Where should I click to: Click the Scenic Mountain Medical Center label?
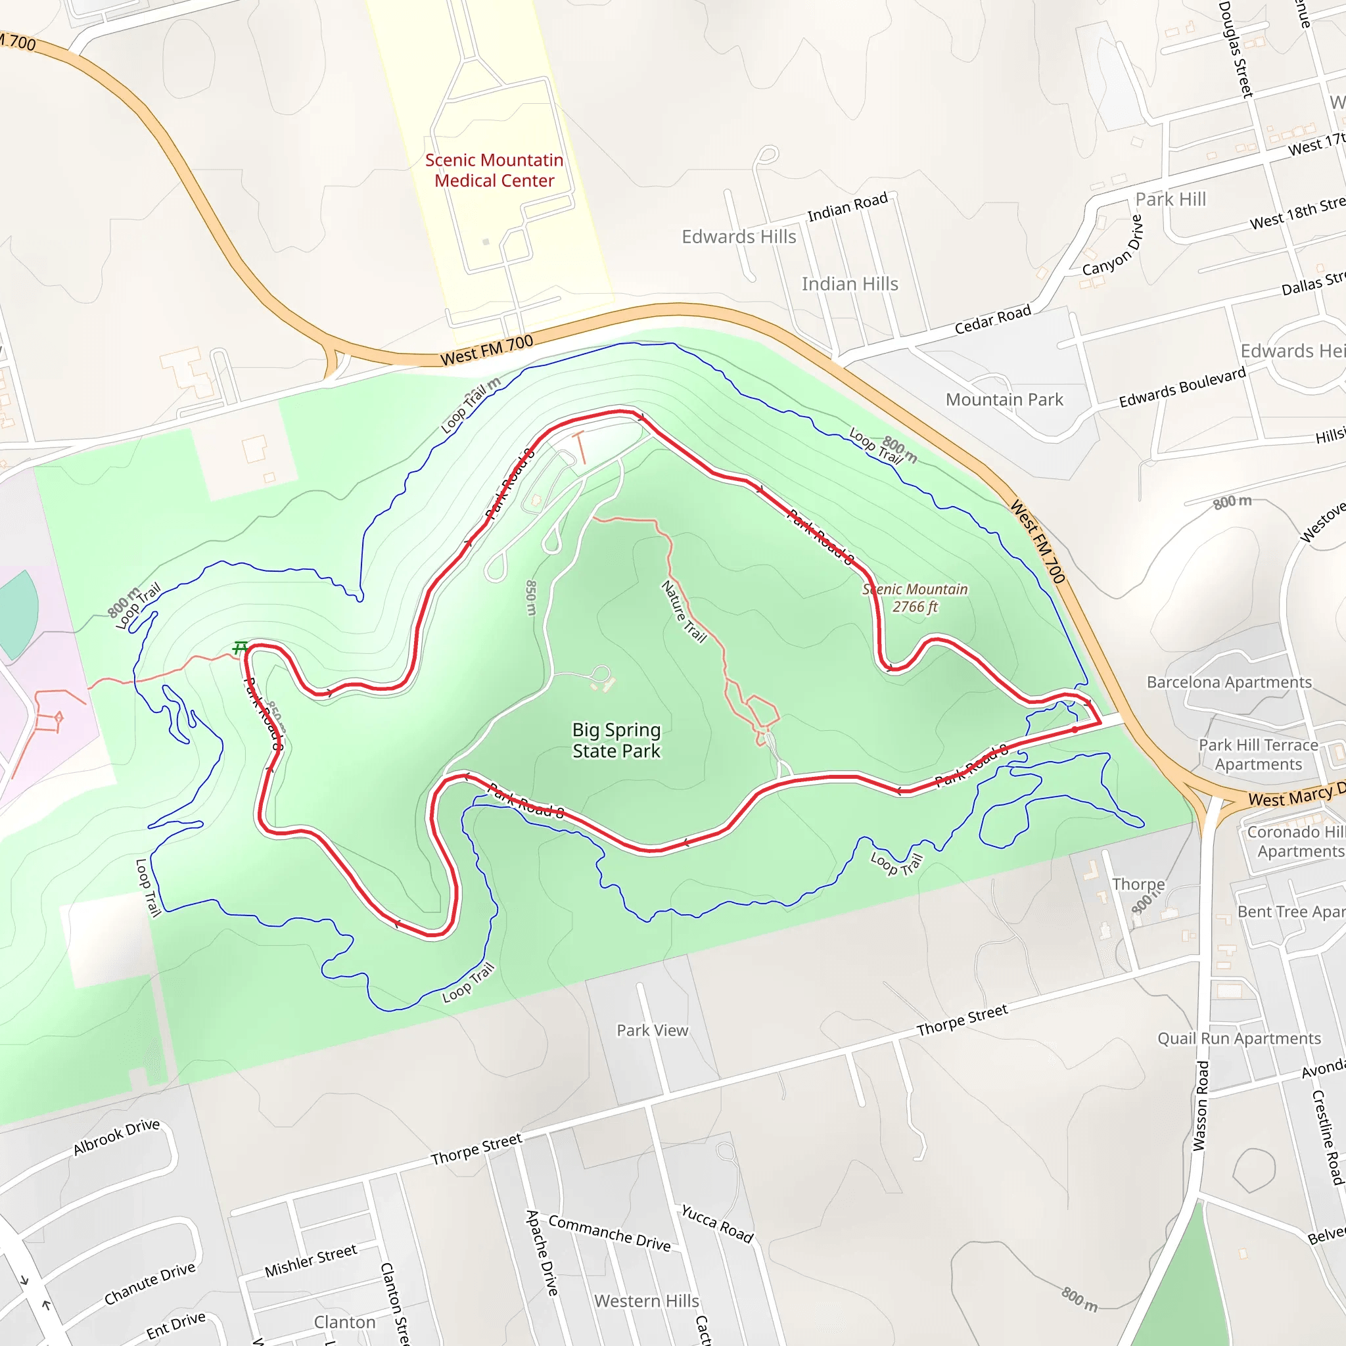494,170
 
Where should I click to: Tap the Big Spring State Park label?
616,740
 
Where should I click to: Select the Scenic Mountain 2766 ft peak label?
915,598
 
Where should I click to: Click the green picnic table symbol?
240,648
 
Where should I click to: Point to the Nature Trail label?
684,611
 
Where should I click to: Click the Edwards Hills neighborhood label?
739,237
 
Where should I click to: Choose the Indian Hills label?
849,284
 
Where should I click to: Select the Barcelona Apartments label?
1229,682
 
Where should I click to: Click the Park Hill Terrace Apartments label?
1258,754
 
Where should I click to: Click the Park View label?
652,1031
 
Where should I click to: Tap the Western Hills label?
646,1301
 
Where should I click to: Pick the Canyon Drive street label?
1113,245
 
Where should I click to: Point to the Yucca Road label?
717,1223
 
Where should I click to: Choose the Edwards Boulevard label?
1182,387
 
